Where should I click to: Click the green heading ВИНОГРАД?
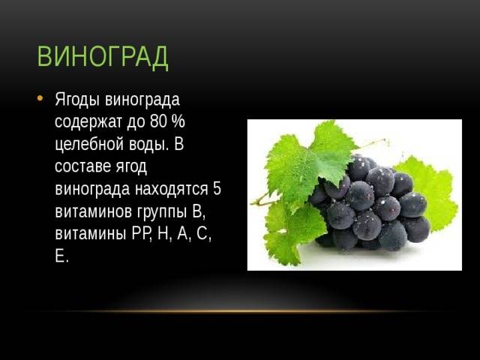point(103,57)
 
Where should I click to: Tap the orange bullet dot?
point(40,98)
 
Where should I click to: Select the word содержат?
point(88,121)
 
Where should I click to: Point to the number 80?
point(158,121)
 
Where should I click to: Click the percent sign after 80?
point(178,121)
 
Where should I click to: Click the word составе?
point(82,166)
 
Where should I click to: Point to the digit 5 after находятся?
point(217,189)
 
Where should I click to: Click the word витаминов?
point(93,211)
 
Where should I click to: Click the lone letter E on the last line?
point(59,256)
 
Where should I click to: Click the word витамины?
point(91,234)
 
